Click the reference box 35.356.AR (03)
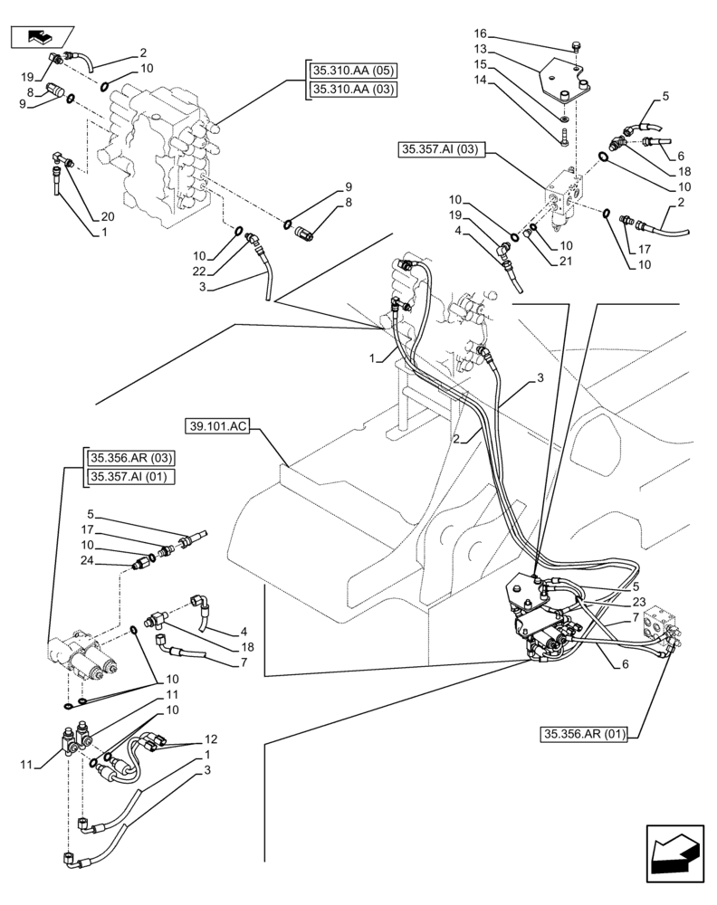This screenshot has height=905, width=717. tap(130, 458)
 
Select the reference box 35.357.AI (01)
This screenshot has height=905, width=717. tap(130, 477)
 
